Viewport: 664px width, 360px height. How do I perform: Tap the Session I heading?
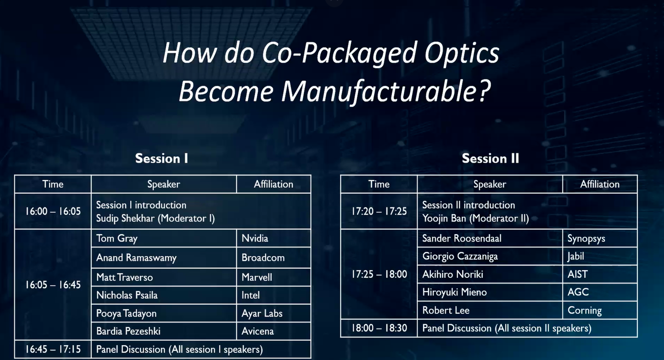(x=161, y=158)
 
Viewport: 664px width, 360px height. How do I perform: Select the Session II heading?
(x=490, y=158)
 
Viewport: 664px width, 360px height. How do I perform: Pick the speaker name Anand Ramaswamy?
(x=136, y=258)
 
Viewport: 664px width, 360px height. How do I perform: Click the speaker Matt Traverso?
(x=124, y=277)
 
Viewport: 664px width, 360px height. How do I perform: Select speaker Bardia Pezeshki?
(x=128, y=331)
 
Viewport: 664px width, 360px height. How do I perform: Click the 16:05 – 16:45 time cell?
(x=53, y=285)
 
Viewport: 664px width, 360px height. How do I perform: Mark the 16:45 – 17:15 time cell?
(x=53, y=349)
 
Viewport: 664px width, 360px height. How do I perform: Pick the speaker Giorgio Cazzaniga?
(x=460, y=256)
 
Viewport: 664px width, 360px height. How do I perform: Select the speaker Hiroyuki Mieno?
(x=454, y=292)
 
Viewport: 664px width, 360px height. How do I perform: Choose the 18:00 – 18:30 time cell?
(x=379, y=328)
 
